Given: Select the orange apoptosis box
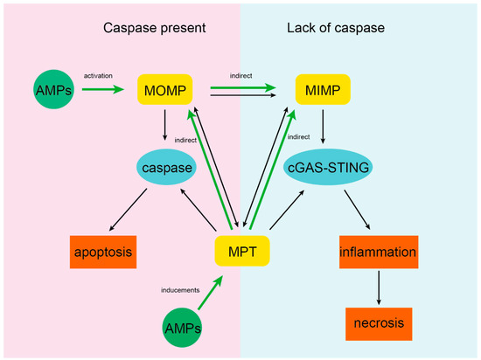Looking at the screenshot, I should click(x=105, y=254).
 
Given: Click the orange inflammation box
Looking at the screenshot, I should click(x=378, y=254).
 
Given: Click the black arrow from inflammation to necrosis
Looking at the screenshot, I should click(x=378, y=287).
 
